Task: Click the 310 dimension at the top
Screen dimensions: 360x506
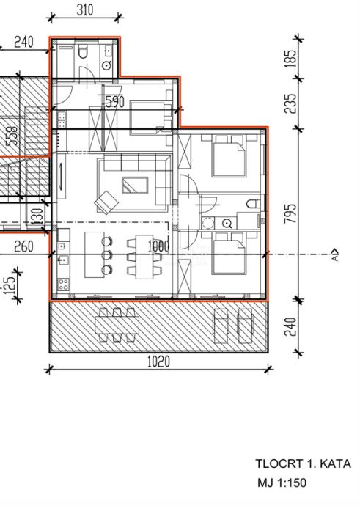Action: [85, 10]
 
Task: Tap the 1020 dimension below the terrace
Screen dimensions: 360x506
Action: [158, 362]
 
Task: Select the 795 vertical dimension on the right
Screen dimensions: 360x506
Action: [290, 213]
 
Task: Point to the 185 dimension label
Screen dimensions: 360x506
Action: [290, 59]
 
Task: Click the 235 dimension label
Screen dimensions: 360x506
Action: [290, 103]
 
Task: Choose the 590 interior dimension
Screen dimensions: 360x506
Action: [115, 102]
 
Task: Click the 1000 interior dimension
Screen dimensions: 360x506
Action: [158, 246]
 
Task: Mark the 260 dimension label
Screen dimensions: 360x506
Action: [23, 246]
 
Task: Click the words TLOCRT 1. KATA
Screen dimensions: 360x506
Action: [303, 463]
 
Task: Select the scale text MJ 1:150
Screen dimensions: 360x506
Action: [282, 483]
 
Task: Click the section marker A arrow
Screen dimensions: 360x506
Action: [335, 254]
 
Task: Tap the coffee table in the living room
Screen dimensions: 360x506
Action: [135, 185]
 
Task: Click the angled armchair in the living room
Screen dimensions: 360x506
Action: [106, 202]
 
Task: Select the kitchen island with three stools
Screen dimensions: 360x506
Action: [94, 255]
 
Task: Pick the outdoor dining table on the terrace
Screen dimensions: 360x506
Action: [117, 326]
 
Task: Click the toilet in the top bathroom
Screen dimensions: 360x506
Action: [83, 52]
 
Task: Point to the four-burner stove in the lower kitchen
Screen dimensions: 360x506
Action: [63, 285]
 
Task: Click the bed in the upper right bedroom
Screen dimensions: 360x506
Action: [229, 156]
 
